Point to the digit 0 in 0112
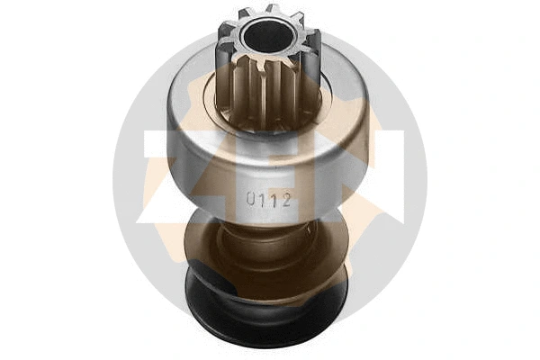click(x=254, y=201)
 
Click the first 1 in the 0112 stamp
click(x=265, y=201)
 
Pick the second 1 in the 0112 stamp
click(x=275, y=201)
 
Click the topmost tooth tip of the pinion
click(x=269, y=10)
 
